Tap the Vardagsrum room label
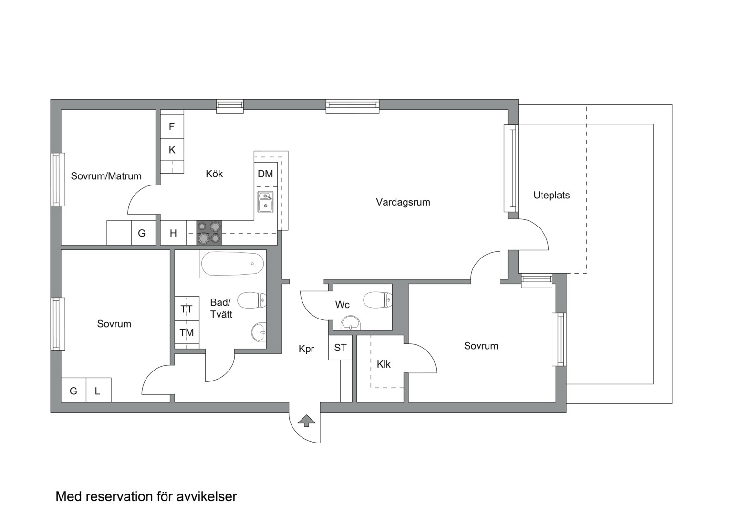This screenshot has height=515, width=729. [403, 202]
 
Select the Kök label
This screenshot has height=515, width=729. [214, 174]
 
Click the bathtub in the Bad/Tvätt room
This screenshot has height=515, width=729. [232, 264]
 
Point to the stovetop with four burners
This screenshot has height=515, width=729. [209, 233]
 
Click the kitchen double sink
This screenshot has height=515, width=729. [266, 202]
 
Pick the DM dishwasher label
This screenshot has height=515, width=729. [265, 174]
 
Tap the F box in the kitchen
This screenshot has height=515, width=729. [172, 126]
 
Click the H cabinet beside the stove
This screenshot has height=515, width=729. [173, 233]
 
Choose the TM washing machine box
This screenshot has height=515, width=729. [187, 332]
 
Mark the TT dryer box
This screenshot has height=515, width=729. [187, 309]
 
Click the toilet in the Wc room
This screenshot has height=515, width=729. [378, 299]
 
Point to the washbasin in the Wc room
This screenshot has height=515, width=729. [351, 323]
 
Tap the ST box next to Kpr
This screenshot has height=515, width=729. [340, 348]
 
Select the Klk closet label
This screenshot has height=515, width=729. [384, 364]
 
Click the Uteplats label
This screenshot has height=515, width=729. [552, 195]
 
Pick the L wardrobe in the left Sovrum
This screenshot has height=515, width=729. [99, 390]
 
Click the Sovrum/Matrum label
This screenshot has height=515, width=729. [106, 176]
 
